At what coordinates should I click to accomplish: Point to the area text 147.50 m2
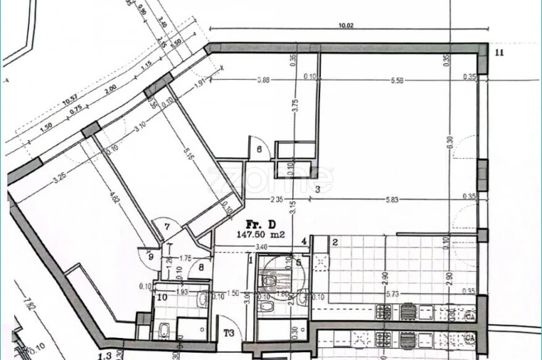coord(261,233)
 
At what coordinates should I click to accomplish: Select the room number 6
coord(259,149)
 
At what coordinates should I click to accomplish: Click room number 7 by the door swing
coord(167,227)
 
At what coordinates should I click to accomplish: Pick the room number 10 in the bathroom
coord(162,297)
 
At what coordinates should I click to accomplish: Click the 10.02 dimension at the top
coord(346,26)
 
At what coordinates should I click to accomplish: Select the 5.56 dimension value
coord(397,79)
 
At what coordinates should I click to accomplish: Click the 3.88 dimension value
coord(262,79)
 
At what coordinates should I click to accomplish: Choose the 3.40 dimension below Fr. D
coord(260,247)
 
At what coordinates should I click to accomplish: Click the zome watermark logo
coord(270,178)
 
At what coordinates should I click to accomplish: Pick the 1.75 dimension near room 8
coord(186,258)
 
